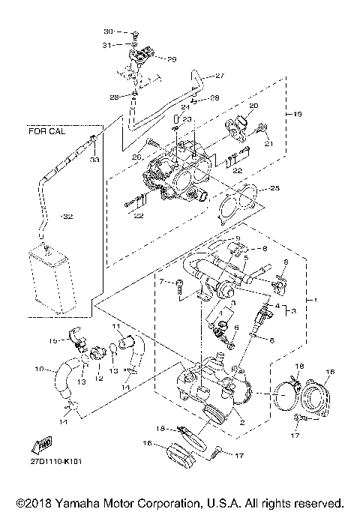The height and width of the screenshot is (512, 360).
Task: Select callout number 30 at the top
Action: tap(108, 31)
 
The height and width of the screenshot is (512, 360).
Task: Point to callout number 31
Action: tap(109, 46)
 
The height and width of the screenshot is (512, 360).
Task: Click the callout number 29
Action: tap(171, 59)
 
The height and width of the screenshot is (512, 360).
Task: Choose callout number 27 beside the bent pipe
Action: tap(220, 76)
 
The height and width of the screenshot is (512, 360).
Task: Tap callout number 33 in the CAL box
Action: tap(94, 160)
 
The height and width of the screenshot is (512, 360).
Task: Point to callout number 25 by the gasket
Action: tap(274, 187)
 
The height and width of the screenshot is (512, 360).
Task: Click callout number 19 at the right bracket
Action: tap(297, 115)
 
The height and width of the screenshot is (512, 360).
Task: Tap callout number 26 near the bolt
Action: tap(136, 157)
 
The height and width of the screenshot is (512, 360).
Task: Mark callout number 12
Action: tap(97, 379)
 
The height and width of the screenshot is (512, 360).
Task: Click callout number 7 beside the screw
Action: tap(161, 281)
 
